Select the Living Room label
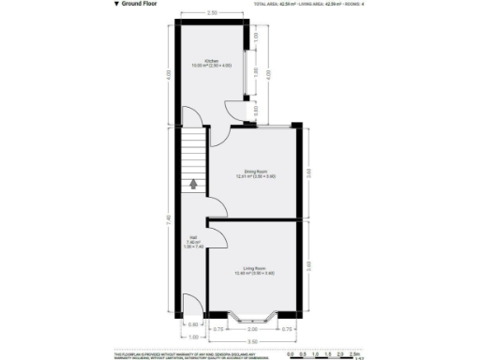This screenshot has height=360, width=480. click(x=254, y=271)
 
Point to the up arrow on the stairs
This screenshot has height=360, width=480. click(x=193, y=184)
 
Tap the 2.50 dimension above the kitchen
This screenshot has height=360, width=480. click(x=213, y=13)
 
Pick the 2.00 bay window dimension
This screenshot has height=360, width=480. click(x=252, y=329)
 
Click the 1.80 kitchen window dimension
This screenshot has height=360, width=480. click(x=256, y=71)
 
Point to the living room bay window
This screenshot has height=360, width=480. click(x=253, y=314)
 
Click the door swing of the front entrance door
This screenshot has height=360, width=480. click(x=189, y=302)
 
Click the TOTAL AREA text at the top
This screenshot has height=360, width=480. click(x=273, y=5)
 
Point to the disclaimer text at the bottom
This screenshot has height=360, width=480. click(x=187, y=352)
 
